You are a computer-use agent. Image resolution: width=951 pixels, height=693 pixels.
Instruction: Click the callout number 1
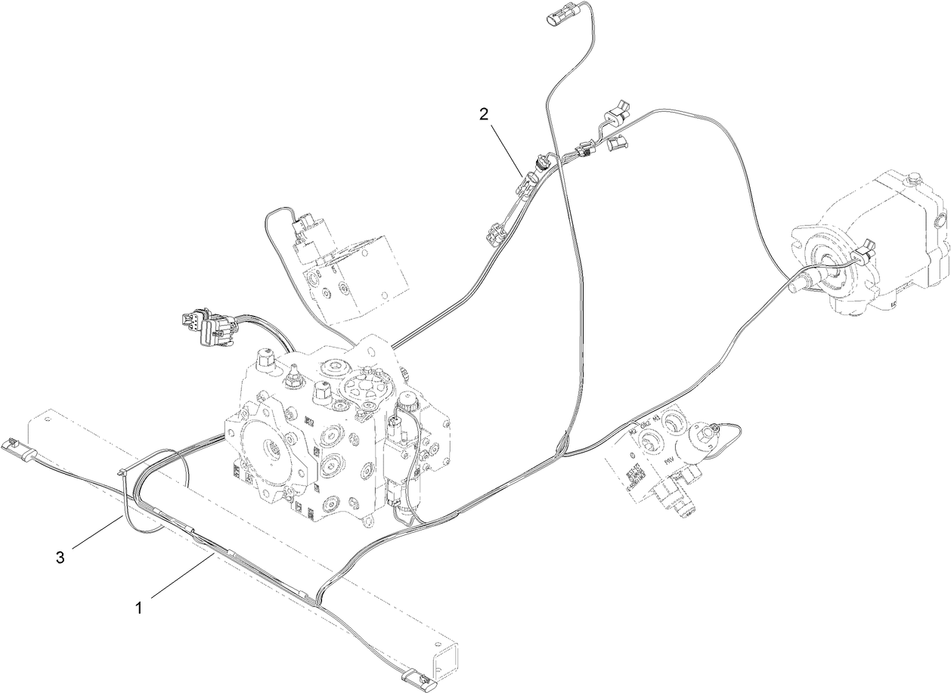138,605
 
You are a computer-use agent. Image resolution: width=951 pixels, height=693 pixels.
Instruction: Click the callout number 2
485,114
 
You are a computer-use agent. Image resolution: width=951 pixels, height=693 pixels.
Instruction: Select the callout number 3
60,557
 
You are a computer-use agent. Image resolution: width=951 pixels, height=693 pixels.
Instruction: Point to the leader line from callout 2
506,148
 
